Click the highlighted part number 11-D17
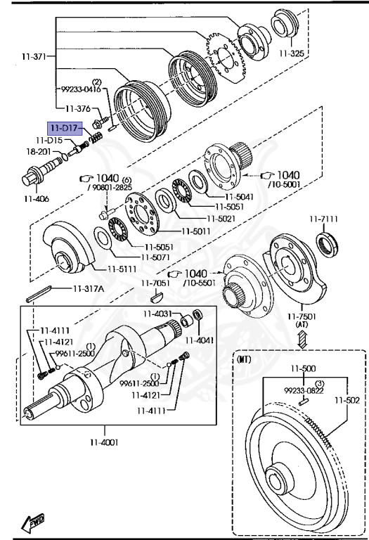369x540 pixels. point(65,129)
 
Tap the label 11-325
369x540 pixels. point(292,53)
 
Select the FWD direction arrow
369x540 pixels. point(33,522)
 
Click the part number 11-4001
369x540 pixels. point(104,442)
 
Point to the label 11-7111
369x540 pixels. point(323,219)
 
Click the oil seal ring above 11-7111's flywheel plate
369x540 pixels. point(327,245)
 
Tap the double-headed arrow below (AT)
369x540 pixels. point(302,339)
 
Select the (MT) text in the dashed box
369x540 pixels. point(245,359)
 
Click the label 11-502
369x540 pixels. point(347,400)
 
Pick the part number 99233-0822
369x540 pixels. point(304,390)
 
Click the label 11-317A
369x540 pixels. point(88,288)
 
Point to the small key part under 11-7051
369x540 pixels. point(156,295)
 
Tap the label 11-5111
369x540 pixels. point(122,269)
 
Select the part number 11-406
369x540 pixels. point(37,199)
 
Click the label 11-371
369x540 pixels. point(34,56)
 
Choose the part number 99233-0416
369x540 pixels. point(82,89)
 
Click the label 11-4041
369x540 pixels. point(200,340)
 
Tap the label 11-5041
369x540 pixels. point(240,197)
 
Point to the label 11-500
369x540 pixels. point(303,369)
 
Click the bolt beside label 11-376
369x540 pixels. point(99,122)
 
